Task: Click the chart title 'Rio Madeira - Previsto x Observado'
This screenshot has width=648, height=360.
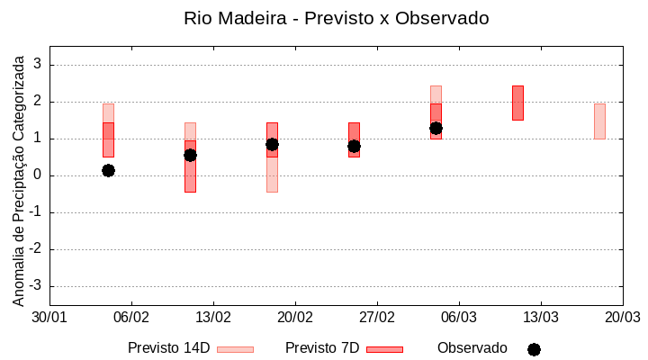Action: (x=336, y=18)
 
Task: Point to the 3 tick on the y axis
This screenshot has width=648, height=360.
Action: (x=37, y=65)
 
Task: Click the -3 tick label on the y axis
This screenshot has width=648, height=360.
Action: (x=35, y=286)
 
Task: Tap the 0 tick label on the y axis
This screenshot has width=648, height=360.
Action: (x=37, y=175)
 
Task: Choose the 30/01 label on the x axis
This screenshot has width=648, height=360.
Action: (x=49, y=318)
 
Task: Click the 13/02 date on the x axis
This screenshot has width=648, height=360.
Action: (x=213, y=318)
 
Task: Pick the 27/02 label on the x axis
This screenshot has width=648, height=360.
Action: (x=377, y=318)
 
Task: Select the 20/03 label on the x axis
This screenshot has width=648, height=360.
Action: (x=622, y=318)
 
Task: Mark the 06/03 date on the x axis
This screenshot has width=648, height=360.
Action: (x=459, y=318)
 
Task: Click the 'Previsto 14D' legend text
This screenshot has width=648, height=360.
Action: (x=168, y=348)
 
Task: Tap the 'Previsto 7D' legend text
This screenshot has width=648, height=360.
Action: (x=322, y=348)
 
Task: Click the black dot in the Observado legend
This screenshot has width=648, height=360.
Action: (x=534, y=349)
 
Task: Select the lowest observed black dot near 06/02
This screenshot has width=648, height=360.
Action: (x=108, y=170)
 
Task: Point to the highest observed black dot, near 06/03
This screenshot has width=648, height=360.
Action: (x=436, y=128)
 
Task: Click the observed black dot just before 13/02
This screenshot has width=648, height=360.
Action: (x=190, y=155)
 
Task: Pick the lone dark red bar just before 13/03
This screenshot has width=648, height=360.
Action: (x=517, y=103)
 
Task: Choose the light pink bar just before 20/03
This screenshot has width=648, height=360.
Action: (x=599, y=121)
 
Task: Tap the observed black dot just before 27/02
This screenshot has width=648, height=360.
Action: (x=354, y=146)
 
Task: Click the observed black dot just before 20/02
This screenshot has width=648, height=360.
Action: (x=272, y=144)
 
